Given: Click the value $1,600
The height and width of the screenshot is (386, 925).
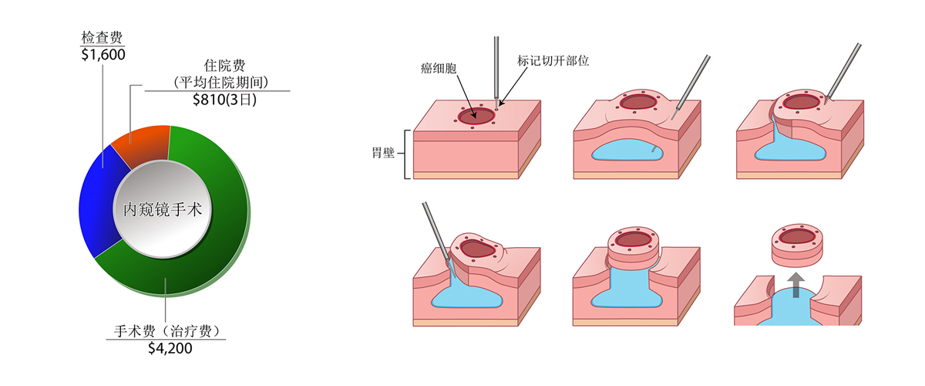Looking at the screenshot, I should (x=103, y=54).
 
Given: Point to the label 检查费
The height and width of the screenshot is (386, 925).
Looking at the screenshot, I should (x=101, y=37).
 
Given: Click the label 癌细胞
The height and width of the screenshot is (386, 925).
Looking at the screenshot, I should (x=439, y=69).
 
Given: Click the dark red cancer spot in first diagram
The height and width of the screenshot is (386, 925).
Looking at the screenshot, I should (x=476, y=116).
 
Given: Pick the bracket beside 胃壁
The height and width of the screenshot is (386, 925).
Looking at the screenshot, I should (x=404, y=153).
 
